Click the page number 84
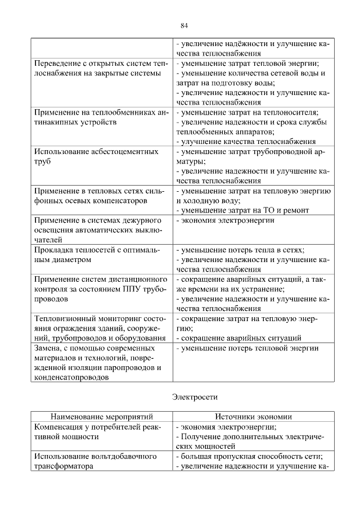pyautogui.click(x=184, y=25)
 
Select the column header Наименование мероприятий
pyautogui.click(x=102, y=417)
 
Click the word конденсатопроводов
pyautogui.click(x=70, y=378)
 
